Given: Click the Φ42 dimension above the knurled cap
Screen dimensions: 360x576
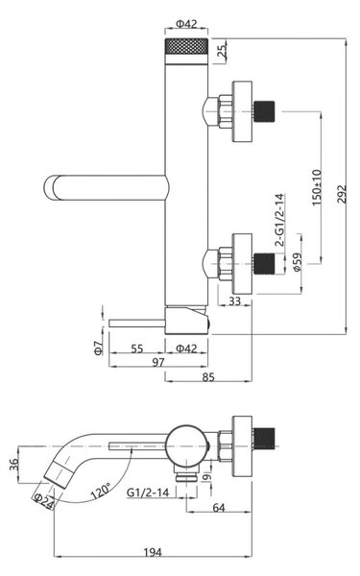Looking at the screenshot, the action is [186, 24].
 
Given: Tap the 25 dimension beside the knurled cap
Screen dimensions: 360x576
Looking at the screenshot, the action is [223, 51].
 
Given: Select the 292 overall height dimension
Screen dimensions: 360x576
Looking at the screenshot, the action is [341, 194].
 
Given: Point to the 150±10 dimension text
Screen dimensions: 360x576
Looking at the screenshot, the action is [317, 187].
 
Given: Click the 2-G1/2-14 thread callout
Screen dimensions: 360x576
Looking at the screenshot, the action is [279, 220].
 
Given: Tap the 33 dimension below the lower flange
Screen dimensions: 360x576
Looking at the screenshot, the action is [234, 300].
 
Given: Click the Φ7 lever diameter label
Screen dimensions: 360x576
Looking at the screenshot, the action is [99, 348].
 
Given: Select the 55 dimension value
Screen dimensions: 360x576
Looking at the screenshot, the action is [137, 348].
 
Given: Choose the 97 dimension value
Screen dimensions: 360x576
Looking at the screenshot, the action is [158, 362].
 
